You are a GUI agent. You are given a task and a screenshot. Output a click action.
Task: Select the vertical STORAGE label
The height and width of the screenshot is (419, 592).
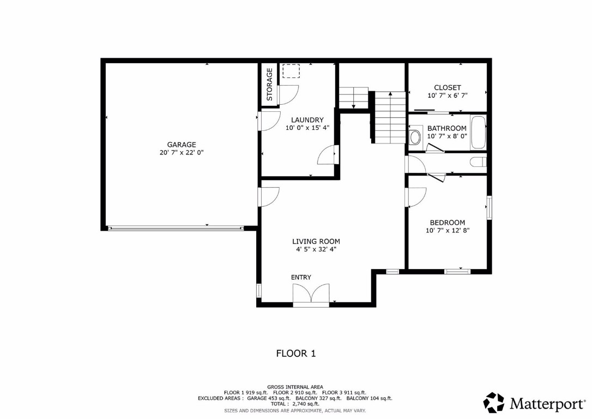click(269, 84)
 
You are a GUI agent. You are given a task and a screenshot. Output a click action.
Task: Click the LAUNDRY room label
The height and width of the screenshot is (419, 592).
click(307, 120)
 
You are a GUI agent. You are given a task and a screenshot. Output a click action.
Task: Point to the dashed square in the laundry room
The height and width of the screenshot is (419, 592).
click(291, 71)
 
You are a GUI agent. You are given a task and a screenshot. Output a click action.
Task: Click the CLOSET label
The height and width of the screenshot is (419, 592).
click(447, 87)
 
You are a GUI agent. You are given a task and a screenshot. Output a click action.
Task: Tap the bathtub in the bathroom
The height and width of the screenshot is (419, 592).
click(478, 132)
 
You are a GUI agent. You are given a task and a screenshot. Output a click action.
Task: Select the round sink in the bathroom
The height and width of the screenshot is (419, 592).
click(415, 136)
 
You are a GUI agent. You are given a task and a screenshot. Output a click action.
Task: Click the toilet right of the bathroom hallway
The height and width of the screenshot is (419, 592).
click(479, 162)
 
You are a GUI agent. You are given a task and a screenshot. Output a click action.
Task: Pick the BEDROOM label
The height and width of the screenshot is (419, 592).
click(447, 223)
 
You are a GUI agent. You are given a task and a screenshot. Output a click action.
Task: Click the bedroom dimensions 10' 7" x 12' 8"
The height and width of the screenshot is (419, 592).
click(447, 231)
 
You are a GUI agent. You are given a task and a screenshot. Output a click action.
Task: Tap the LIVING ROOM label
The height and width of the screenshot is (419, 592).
click(316, 241)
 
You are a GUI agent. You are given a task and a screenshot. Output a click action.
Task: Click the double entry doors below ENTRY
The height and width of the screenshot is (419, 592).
click(311, 295)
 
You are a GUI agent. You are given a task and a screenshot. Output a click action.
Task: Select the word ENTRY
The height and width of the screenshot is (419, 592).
click(301, 278)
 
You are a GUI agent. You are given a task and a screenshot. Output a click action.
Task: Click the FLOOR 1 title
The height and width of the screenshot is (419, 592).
click(296, 354)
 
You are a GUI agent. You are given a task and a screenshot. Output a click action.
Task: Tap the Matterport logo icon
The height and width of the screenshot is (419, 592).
click(494, 403)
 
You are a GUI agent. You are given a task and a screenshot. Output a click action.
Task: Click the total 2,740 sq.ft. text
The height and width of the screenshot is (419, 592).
click(295, 404)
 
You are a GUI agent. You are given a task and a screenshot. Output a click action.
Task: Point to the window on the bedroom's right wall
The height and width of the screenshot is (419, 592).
click(489, 207)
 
